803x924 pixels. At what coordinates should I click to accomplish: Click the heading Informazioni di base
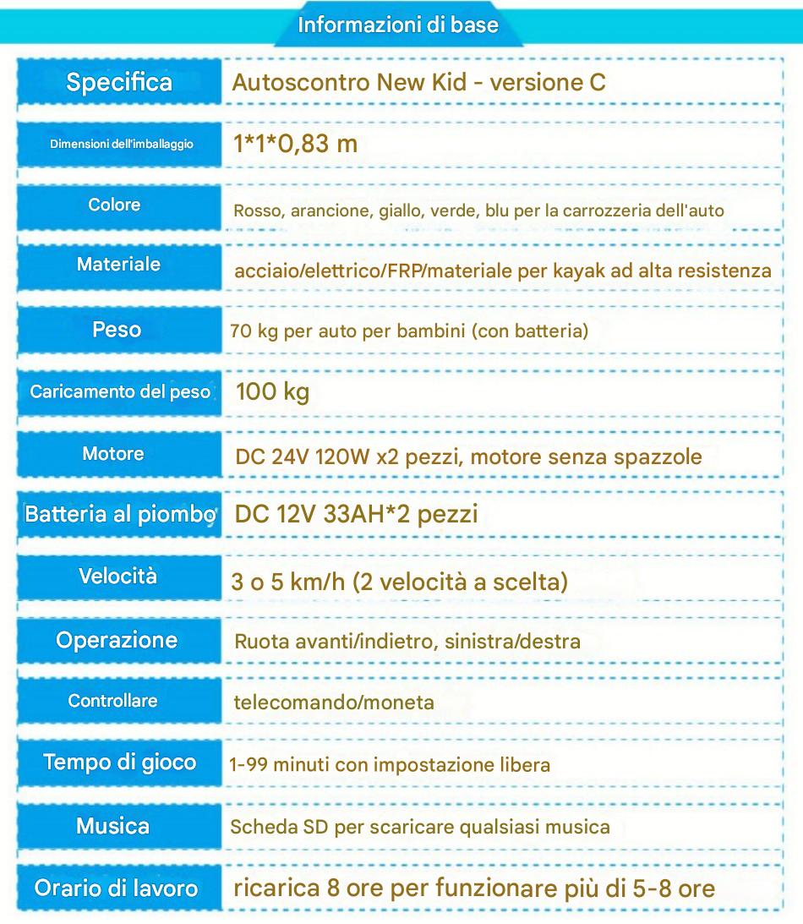[x=398, y=25]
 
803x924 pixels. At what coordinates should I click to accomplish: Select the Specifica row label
[x=118, y=82]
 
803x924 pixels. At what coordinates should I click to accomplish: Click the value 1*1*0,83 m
[x=295, y=143]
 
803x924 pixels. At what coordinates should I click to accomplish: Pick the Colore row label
[x=114, y=205]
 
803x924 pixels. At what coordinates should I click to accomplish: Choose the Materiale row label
[x=118, y=264]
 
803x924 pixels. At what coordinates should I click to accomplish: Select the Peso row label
[x=117, y=329]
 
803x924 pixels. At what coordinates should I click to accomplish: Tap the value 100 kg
[x=272, y=392]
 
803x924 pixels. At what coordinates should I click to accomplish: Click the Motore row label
[x=113, y=453]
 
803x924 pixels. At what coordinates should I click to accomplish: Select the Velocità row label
[x=117, y=577]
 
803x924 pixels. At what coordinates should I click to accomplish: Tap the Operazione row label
[x=117, y=640]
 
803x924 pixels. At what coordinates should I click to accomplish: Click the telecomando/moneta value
[x=334, y=702]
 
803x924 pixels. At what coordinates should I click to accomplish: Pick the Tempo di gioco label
[x=119, y=762]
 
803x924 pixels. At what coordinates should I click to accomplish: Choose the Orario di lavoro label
[x=116, y=888]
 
